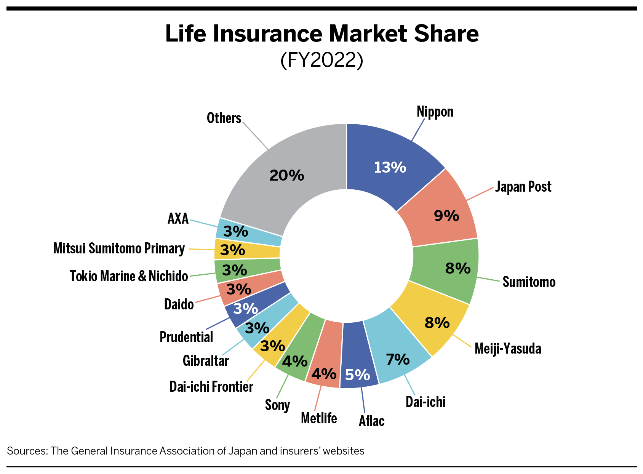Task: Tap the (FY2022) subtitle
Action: (322, 60)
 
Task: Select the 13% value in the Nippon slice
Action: (390, 167)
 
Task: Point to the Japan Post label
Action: (523, 187)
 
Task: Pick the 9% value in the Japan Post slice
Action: (446, 216)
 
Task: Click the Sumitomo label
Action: (529, 282)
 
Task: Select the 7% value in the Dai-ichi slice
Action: (398, 359)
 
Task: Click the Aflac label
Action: (371, 421)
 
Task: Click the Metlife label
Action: (319, 418)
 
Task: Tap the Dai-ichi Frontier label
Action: (211, 387)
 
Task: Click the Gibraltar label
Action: (206, 360)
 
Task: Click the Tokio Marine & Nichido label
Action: (129, 276)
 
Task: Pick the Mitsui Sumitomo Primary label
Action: (119, 248)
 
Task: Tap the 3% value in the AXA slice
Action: (235, 231)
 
